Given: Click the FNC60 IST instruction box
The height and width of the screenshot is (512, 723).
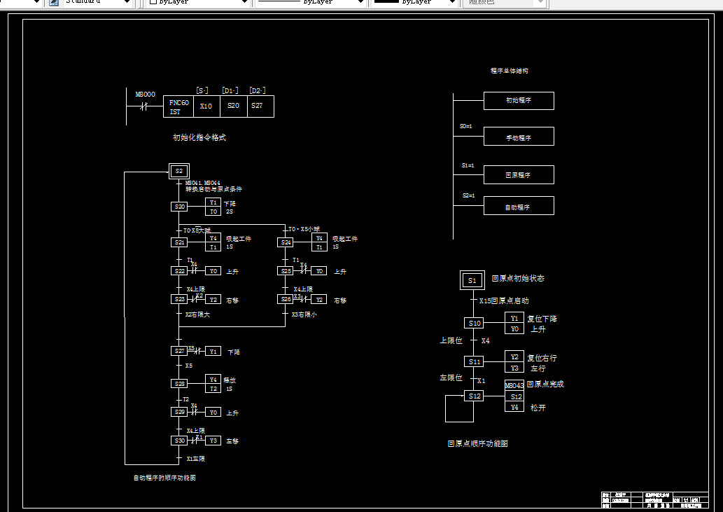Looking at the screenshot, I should pos(178,106).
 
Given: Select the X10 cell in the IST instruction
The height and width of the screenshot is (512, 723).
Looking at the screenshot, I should pos(206,106).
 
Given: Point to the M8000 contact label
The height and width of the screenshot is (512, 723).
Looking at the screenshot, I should pos(146,94).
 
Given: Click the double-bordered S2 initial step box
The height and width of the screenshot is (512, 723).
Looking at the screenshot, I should pos(179,171).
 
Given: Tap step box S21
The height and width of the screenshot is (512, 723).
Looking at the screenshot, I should pos(179,242).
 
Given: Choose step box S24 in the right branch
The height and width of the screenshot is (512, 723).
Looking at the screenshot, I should pos(286,242).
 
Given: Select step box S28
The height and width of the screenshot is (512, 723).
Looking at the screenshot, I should pos(179,384).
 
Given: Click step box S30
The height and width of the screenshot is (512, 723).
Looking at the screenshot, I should pos(179,441).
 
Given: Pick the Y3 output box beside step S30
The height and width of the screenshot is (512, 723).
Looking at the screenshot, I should pos(213,441).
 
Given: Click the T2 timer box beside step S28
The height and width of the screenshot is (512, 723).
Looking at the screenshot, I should pos(213,388).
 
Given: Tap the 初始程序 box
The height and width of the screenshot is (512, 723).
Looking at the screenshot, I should pos(519,101).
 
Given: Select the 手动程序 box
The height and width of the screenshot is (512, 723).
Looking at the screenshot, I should pos(519,137).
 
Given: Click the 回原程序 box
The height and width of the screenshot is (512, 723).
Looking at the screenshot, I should pos(519,175).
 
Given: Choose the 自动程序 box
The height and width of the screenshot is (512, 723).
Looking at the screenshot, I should pos(519,206).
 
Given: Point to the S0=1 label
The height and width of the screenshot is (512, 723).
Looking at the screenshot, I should pos(467,127).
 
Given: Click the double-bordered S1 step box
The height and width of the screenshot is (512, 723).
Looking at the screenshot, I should pos(472,281).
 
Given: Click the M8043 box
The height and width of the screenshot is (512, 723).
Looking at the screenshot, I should pos(514,386).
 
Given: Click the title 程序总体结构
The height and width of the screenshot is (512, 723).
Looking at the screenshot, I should pos(510,71).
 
